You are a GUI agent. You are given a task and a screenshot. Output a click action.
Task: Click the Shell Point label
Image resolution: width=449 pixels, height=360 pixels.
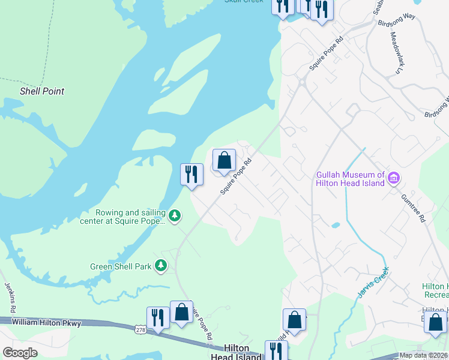click(x=42, y=92)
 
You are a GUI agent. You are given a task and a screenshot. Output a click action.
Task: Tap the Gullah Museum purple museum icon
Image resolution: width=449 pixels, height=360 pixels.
click(x=394, y=178)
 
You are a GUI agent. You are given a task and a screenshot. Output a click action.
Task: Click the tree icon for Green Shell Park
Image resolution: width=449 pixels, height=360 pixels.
click(x=160, y=266)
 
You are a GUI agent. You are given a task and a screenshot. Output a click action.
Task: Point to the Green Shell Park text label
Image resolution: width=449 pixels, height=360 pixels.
click(x=120, y=266)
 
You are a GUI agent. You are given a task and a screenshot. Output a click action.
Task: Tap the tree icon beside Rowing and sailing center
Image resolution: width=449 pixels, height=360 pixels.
click(x=174, y=215)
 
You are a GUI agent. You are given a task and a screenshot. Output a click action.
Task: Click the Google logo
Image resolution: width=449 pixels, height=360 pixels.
click(x=20, y=352)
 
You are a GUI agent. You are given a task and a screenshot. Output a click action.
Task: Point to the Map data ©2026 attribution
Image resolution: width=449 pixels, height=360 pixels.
click(x=423, y=355)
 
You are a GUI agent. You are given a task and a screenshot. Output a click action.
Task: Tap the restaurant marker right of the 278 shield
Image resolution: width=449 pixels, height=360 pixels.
click(x=158, y=317)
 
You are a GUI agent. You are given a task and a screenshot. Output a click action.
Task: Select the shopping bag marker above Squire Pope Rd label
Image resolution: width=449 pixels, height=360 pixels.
click(x=224, y=160)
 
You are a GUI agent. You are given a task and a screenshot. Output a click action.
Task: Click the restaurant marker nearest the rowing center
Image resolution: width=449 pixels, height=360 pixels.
click(x=191, y=175)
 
